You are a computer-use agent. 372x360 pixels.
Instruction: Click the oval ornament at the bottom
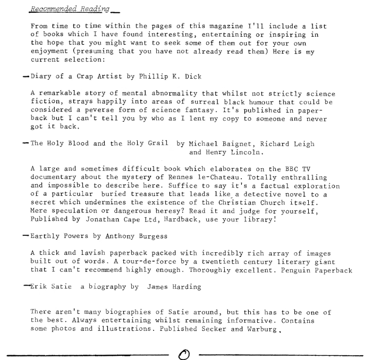point(185,352)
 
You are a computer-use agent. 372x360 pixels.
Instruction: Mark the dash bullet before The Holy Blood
point(26,143)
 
